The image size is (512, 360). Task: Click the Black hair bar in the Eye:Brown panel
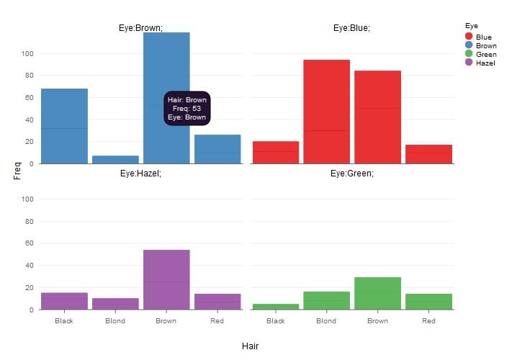(64, 126)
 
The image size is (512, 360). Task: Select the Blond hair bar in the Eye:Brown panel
(115, 159)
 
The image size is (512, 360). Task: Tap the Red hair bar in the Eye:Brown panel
(217, 149)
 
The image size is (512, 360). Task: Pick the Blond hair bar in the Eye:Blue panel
(326, 112)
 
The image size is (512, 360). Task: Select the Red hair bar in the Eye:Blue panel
(428, 154)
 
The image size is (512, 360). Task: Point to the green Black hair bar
(275, 307)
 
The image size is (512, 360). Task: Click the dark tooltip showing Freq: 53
(187, 109)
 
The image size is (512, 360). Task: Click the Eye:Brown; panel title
(140, 28)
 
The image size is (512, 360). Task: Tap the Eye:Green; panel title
(352, 174)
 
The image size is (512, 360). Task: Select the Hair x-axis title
(250, 346)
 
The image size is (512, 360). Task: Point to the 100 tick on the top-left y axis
(27, 53)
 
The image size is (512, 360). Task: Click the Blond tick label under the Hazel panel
(115, 321)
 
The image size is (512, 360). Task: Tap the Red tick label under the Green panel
(428, 321)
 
